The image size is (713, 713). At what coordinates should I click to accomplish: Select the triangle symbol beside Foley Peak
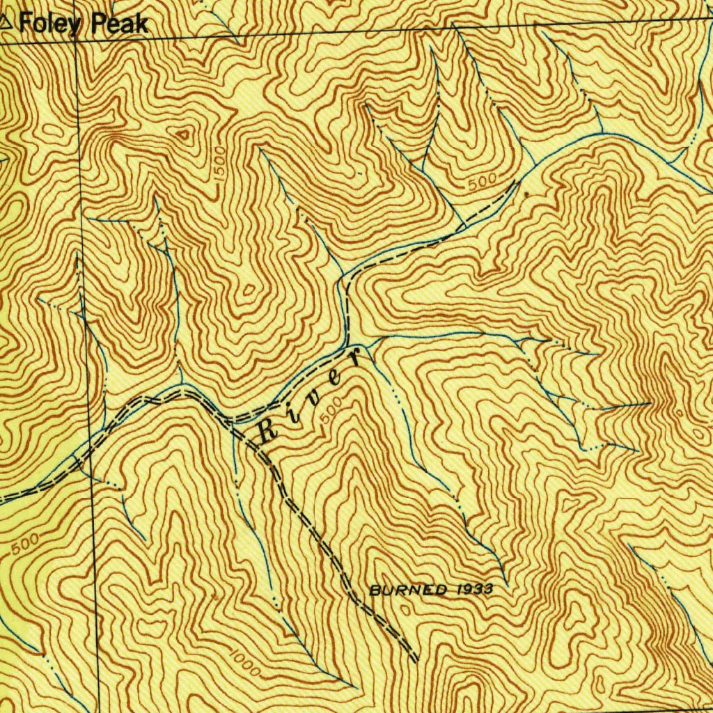pos(7,22)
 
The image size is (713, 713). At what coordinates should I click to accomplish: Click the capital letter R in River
pos(268,431)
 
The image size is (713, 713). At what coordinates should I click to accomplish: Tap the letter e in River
pos(336,378)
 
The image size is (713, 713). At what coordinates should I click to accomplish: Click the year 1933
pos(476,589)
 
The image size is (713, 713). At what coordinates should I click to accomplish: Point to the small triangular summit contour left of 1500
pos(185,134)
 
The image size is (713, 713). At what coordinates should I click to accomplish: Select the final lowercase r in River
pos(355,359)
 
